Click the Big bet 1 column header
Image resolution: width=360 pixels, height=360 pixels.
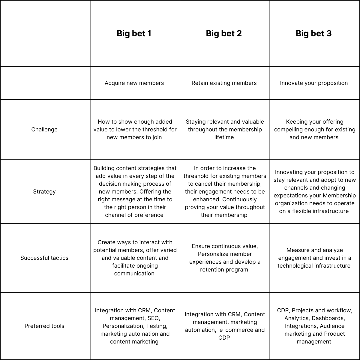coord(134,33)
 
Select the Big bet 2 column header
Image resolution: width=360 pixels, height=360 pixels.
coord(224,33)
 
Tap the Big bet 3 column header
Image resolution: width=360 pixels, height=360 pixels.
coord(313,33)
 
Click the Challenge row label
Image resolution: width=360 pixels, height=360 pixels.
coord(44,130)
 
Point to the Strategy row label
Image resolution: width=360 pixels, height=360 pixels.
coord(44,192)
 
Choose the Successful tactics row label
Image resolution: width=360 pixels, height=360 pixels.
coord(44,258)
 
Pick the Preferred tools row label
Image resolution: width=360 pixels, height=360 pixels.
coord(44,326)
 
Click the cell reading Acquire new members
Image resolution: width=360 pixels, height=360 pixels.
coord(134,83)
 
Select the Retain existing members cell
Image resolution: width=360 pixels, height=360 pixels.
coord(224,83)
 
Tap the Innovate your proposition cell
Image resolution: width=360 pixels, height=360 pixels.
coord(314,83)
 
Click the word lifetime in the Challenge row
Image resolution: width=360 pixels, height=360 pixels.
coord(224,137)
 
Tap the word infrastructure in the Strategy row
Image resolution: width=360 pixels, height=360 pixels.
coord(330,211)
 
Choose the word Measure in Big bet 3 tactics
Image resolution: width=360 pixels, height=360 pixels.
coord(297,250)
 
